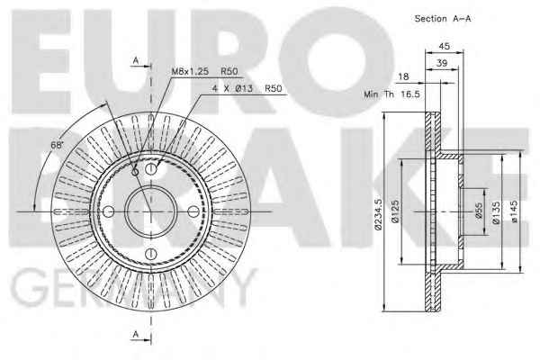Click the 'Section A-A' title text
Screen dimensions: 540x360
[443, 19]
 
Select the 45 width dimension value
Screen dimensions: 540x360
[445, 46]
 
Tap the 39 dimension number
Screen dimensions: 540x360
[442, 63]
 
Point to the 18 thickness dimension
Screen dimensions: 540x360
[403, 76]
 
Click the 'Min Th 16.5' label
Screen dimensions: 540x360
[391, 94]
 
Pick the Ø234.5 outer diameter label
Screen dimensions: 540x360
[379, 213]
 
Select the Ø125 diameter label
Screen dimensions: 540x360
[395, 211]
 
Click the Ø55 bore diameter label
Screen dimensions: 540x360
[479, 211]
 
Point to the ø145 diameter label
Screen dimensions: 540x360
[514, 211]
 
